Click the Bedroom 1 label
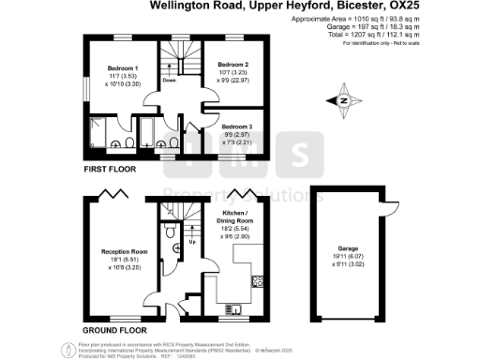coord(122,69)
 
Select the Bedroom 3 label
coord(236,125)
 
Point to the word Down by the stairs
coord(170,81)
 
